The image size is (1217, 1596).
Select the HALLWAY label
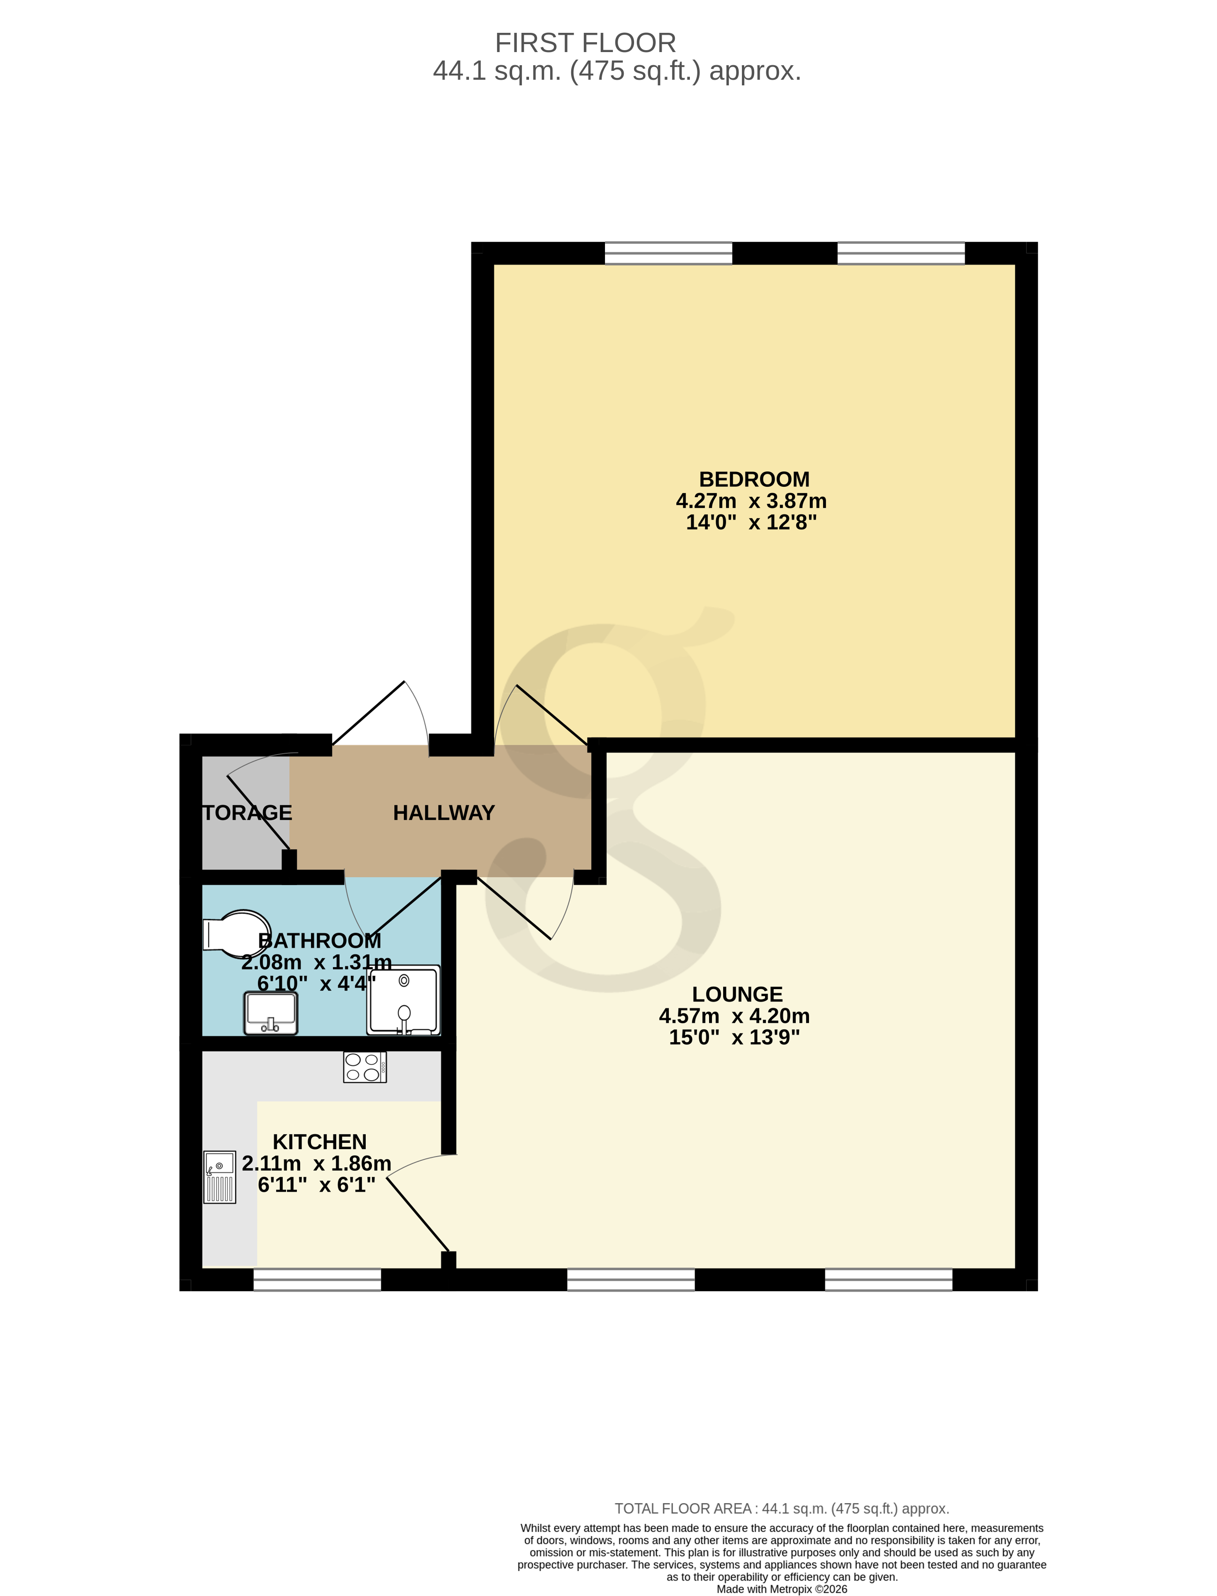[x=443, y=813]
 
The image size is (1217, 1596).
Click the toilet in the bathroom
[x=235, y=934]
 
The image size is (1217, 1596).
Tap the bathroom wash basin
[x=270, y=1013]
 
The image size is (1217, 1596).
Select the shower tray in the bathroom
[x=403, y=1000]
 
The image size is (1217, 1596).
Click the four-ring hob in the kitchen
[x=364, y=1067]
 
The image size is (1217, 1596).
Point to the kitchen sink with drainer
[x=219, y=1177]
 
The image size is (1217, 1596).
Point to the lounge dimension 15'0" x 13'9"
[x=734, y=1037]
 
